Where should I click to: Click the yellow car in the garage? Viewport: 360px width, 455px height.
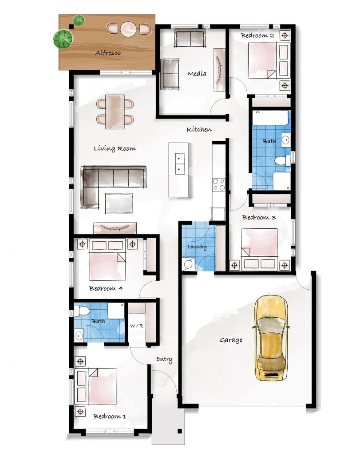tap(271, 338)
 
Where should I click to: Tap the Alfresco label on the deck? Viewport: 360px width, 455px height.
tap(108, 53)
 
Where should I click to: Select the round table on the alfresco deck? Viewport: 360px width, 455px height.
tap(128, 29)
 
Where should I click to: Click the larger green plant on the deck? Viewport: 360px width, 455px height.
tap(63, 39)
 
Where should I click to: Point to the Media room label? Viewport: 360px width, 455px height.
tap(197, 74)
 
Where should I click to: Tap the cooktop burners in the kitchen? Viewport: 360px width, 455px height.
tap(218, 184)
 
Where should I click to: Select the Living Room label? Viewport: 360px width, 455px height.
tap(115, 148)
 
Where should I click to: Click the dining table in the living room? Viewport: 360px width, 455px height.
tap(115, 112)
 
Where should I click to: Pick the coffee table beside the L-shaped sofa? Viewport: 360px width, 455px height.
tap(119, 204)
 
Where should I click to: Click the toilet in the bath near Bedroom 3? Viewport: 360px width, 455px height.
tap(282, 160)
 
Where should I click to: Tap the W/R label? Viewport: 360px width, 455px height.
tap(137, 326)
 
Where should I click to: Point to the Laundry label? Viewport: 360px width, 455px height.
tap(197, 247)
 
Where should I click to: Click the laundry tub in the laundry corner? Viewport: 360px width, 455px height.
tap(187, 264)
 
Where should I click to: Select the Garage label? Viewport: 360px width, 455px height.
tap(231, 340)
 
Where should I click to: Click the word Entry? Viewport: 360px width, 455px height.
tap(164, 359)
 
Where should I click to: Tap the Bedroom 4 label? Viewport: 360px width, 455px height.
tap(106, 288)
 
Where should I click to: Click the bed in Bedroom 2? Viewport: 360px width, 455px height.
tap(262, 60)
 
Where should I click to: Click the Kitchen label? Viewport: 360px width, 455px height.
tap(199, 129)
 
